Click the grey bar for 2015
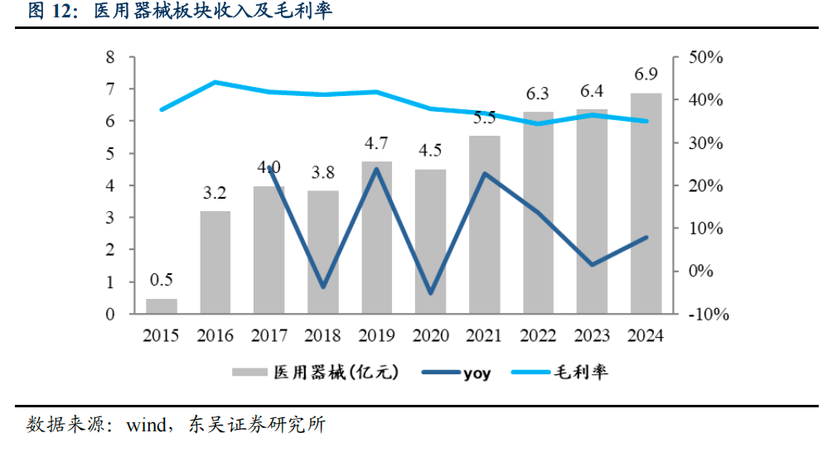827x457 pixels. [162, 305]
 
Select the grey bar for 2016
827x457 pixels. [215, 262]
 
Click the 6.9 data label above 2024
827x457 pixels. [646, 75]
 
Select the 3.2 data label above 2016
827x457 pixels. [215, 194]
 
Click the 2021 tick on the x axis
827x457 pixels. [485, 336]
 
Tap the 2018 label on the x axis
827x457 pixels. [323, 336]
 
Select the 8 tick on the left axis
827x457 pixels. [109, 57]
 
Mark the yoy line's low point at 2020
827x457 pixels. [431, 293]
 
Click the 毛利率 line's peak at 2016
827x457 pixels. [215, 82]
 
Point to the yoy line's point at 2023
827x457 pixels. [592, 265]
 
